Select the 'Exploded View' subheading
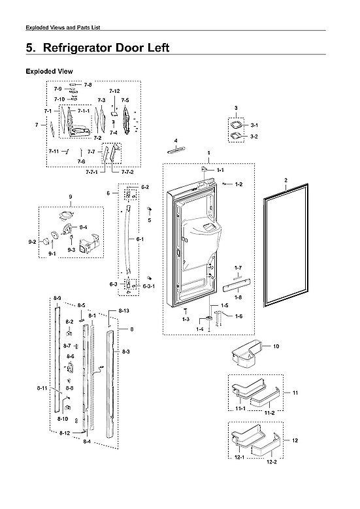(x=48, y=71)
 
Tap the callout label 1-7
(x=238, y=268)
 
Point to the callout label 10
(x=276, y=346)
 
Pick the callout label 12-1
(x=240, y=457)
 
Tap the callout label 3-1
(x=254, y=125)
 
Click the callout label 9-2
(x=33, y=242)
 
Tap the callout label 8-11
(x=42, y=389)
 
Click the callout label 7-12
(x=114, y=91)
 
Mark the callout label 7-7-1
(x=91, y=172)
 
